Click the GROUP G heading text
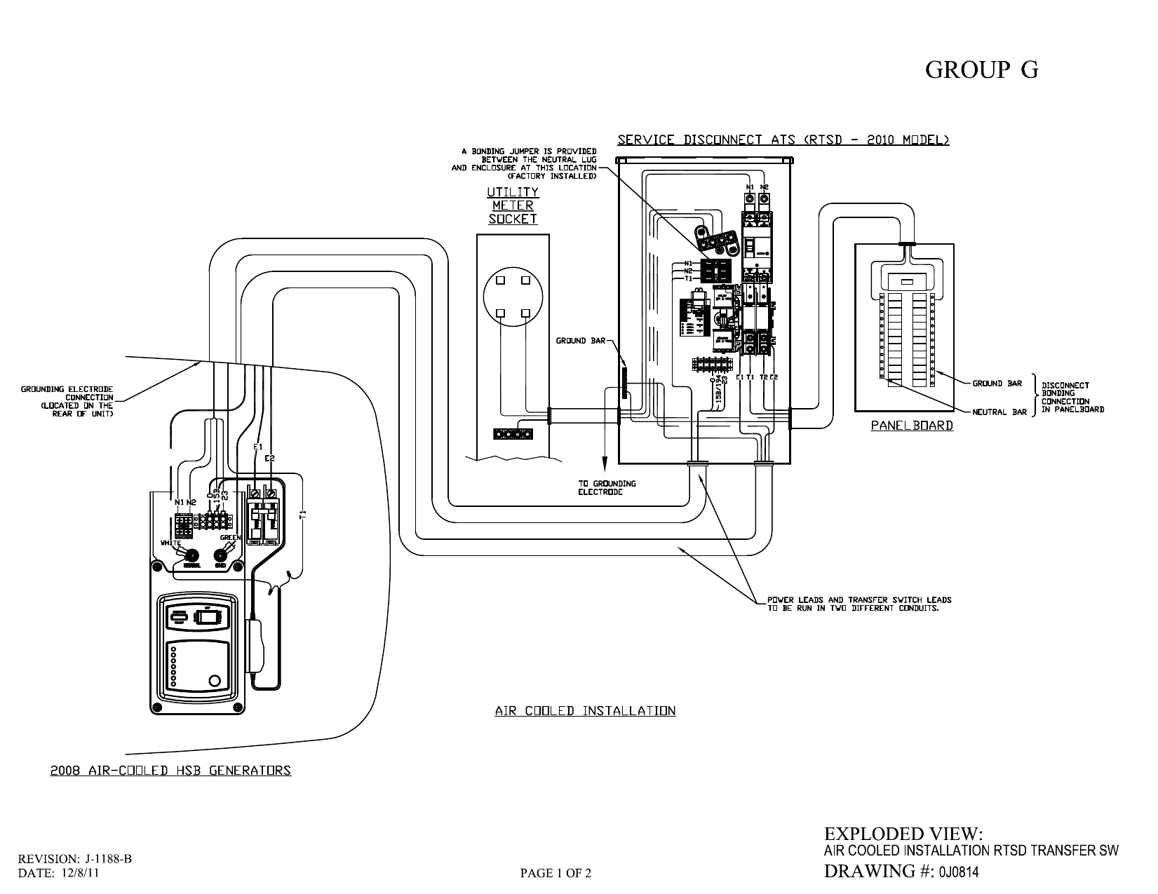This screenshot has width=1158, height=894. click(x=981, y=70)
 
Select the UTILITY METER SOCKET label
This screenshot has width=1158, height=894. click(x=513, y=205)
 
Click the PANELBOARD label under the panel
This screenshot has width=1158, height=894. click(x=912, y=425)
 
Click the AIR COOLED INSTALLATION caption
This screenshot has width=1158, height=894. click(x=585, y=711)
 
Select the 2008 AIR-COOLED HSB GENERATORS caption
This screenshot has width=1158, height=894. click(x=170, y=771)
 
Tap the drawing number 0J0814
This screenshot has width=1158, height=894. click(x=955, y=872)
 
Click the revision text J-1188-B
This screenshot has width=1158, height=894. click(x=109, y=859)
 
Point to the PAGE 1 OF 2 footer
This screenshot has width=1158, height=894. click(x=556, y=873)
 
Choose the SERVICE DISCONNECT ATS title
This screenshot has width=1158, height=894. click(x=783, y=140)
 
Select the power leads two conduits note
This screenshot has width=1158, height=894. click(x=859, y=604)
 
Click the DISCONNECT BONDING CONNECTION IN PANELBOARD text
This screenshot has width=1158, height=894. click(x=1072, y=397)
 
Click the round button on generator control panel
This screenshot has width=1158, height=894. click(x=215, y=680)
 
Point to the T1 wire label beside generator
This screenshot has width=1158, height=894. click(x=303, y=515)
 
